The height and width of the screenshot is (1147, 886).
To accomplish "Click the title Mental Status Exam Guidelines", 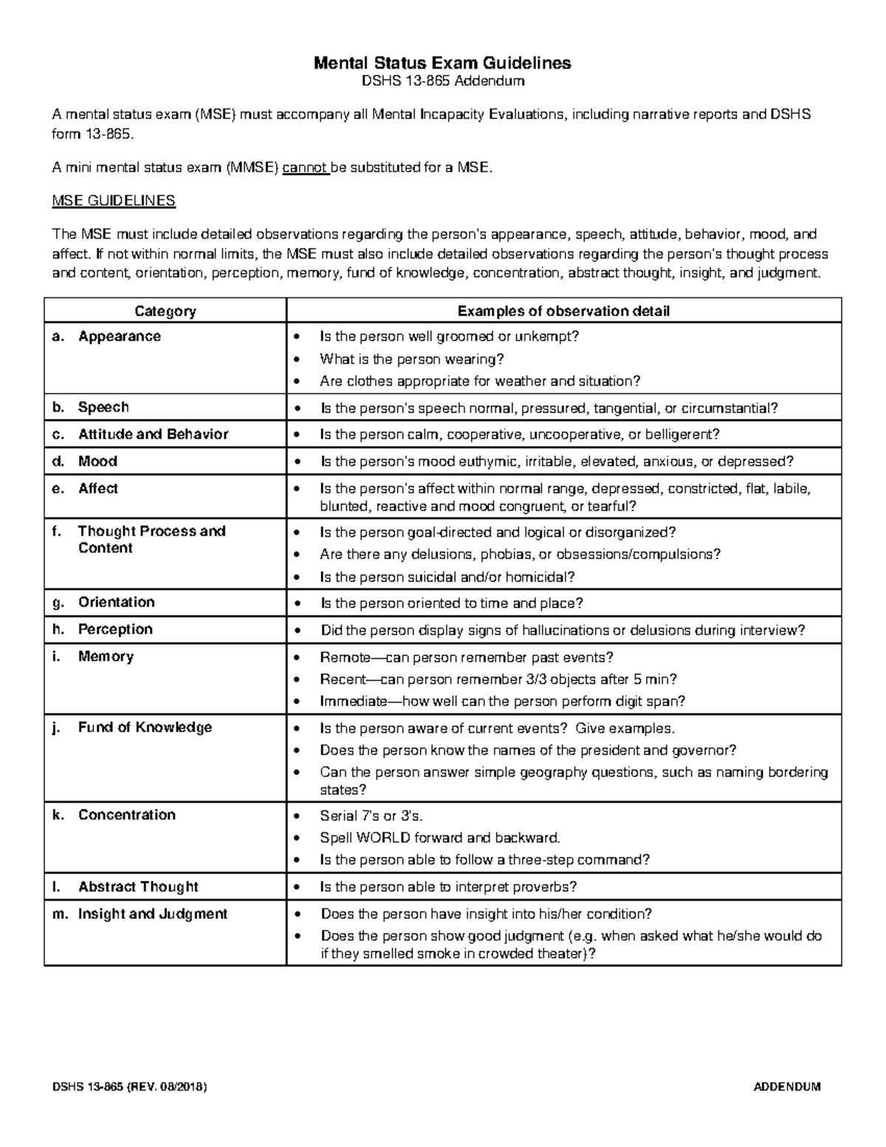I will click(442, 63).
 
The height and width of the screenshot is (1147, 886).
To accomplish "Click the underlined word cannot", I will click(305, 168).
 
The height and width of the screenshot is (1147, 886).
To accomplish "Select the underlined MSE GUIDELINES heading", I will click(113, 201).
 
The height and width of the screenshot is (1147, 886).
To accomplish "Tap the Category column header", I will click(165, 311).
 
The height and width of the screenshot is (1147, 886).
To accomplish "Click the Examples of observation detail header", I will click(563, 311).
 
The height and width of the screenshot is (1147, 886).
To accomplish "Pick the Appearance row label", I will click(119, 337).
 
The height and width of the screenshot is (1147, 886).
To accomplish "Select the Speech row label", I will click(103, 408).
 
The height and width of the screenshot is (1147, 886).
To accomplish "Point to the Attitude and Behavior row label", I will click(153, 434).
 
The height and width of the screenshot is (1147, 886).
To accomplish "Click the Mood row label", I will click(97, 462).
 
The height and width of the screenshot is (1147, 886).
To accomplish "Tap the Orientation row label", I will click(116, 602).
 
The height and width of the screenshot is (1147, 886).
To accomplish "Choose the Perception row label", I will click(115, 629).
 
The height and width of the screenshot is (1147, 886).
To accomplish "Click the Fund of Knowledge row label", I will click(145, 727).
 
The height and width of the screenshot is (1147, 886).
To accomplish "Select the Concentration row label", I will click(126, 815).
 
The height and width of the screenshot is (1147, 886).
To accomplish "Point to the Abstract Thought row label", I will click(138, 886).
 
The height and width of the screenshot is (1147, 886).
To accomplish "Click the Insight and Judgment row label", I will click(152, 914).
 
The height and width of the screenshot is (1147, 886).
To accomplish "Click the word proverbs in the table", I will click(544, 886).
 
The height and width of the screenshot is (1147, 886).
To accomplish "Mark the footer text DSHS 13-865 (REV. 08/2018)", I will click(128, 1087).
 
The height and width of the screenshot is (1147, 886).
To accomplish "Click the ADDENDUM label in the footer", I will click(786, 1087).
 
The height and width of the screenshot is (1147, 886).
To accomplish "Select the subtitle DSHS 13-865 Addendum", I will click(442, 81).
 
